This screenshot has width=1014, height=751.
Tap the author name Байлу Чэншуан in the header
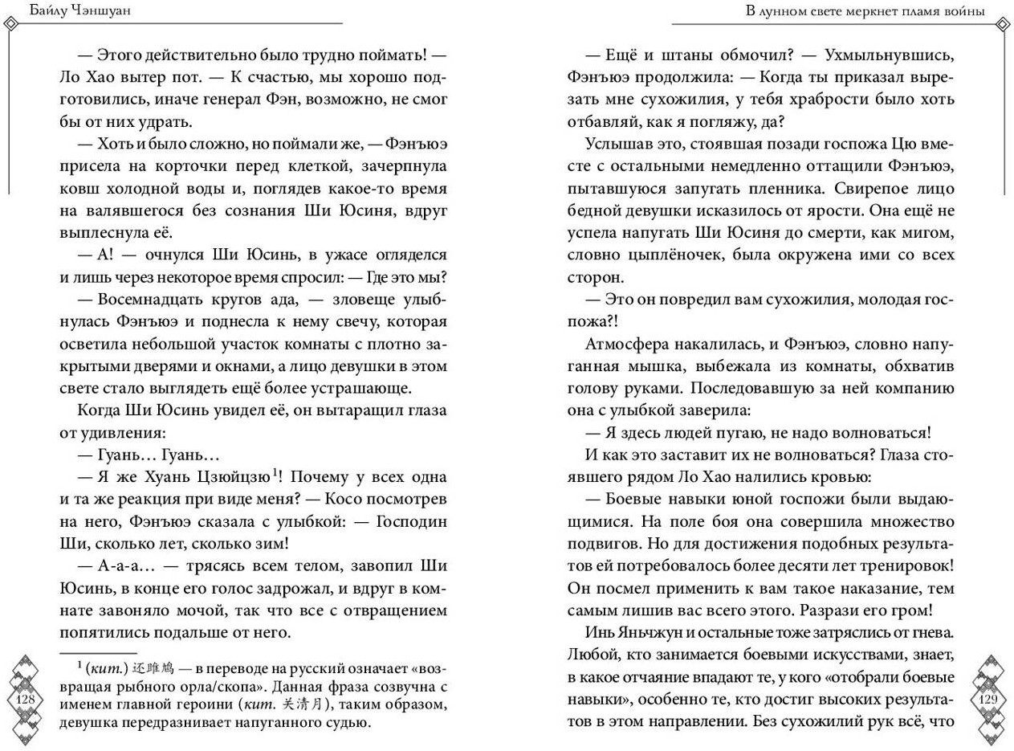(61, 11)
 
